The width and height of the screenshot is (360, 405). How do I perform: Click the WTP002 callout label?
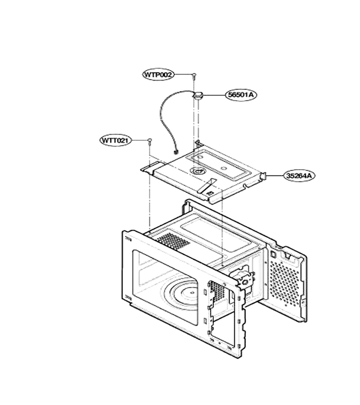158,75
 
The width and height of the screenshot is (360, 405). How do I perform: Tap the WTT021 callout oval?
115,140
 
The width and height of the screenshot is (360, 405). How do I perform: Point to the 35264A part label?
300,175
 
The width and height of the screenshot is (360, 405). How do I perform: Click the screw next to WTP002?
194,76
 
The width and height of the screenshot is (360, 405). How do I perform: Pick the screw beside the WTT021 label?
149,141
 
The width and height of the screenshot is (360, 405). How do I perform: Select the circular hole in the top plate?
198,171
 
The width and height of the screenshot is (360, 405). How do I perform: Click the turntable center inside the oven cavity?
191,292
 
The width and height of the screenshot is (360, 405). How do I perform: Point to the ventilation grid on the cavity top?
174,240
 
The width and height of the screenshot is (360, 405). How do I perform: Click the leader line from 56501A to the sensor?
214,95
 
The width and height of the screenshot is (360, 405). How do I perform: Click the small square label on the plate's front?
210,193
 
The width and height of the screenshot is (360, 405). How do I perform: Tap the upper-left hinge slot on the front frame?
128,239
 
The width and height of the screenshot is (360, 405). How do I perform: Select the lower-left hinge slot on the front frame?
128,298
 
